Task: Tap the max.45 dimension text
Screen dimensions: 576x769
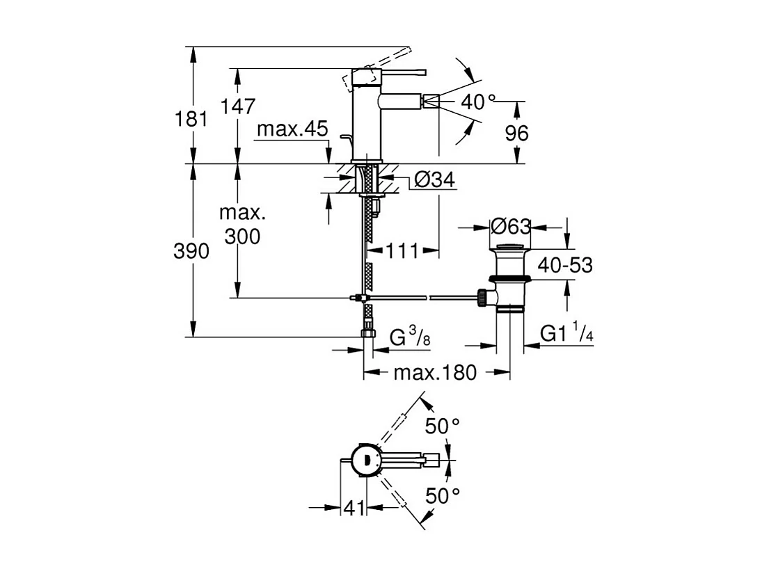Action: coord(292,130)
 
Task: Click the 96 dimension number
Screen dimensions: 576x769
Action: coord(516,133)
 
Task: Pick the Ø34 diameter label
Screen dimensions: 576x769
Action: coord(434,181)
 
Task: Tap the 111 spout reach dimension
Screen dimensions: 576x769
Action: coord(402,250)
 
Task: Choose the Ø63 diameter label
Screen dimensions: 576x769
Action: coord(510,227)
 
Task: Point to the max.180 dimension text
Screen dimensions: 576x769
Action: coord(435,373)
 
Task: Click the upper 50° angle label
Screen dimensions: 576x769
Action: coord(443,426)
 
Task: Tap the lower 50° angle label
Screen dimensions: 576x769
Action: coord(443,495)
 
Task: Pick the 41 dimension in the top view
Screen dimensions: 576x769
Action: coord(354,509)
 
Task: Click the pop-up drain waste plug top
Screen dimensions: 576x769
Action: coord(511,247)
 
